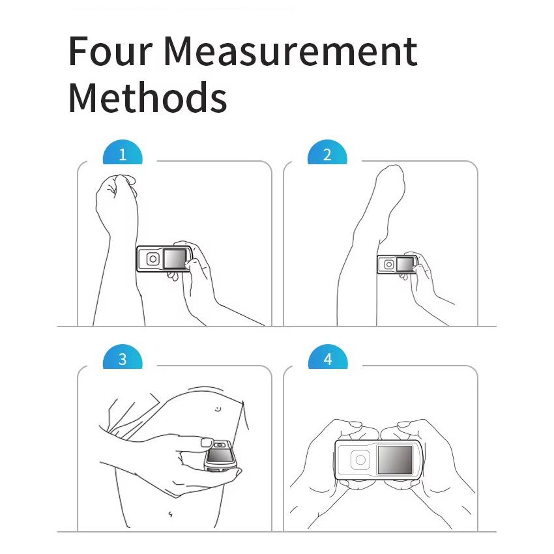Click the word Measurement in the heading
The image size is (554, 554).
(x=289, y=51)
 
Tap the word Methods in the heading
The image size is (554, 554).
(x=147, y=98)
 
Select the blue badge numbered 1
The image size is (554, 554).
(x=123, y=155)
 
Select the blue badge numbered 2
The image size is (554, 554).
(x=327, y=155)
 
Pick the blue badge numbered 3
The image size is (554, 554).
(x=123, y=360)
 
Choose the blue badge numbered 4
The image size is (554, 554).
(x=327, y=360)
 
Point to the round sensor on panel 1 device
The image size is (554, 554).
(x=153, y=259)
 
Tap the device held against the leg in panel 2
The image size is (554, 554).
(x=397, y=265)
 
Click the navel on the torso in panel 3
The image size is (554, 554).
(x=218, y=409)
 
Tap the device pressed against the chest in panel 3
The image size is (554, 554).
(x=219, y=455)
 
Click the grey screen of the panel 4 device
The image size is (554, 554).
(x=395, y=460)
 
